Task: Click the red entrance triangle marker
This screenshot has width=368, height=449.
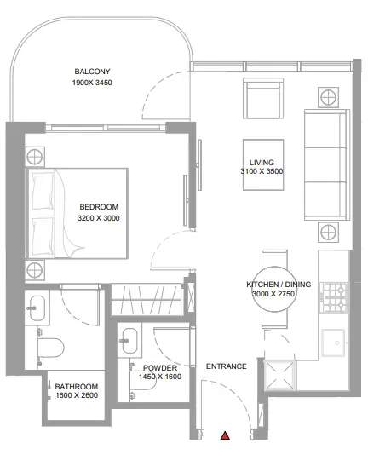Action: pos(225,435)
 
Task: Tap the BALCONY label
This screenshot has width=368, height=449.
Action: pos(92,72)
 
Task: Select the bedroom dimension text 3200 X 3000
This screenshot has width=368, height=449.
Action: pos(99,218)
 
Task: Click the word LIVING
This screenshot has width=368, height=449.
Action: pos(262,163)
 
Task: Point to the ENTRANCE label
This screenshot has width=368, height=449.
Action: pos(227,366)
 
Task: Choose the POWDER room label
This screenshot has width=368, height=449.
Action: pos(160,368)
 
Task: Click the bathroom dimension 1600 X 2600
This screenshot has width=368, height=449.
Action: pos(77,395)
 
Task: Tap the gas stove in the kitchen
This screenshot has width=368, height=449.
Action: pos(335,297)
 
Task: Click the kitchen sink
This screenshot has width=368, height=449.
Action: pos(333,343)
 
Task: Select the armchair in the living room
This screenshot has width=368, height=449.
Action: pos(263,98)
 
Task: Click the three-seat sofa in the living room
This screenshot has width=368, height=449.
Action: pos(327,164)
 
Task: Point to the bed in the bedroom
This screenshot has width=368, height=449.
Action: pos(77,213)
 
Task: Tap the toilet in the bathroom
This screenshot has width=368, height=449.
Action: pos(50,348)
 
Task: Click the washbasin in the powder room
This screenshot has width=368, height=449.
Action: pos(129,341)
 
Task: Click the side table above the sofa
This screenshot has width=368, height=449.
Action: pos(328,97)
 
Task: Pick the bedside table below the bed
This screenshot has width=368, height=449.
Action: pos(35,270)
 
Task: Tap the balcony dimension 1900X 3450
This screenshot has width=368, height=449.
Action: pos(92,83)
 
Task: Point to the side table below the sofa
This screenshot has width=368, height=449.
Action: pos(328,232)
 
